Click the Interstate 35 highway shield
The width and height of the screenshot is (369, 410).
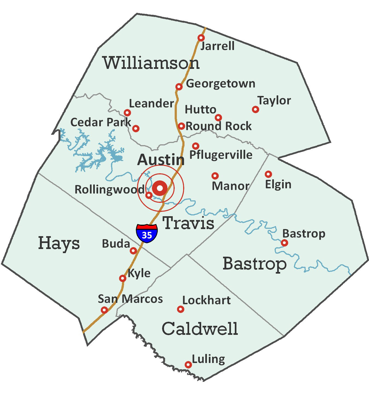coord(147,233)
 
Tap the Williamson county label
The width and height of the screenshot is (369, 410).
coord(151,63)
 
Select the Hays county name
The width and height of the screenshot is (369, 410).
coord(59,243)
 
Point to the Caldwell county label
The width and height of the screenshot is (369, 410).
coord(200,329)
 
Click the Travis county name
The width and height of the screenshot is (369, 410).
coord(189,223)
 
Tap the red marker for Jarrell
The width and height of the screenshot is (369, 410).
coord(201,38)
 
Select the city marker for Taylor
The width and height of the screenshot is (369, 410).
coord(255,110)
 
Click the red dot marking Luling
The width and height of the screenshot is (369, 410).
coord(188,365)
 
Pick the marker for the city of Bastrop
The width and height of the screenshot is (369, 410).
coord(285,243)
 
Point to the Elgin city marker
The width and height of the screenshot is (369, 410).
coord(268,174)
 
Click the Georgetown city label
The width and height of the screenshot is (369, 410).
coord(221,84)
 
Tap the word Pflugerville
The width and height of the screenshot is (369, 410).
coord(221,155)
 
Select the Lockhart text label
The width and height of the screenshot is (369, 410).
coord(206,300)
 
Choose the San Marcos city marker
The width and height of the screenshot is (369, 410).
coord(104,310)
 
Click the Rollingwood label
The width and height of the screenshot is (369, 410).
coord(109,190)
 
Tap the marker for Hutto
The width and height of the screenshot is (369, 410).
coord(218,118)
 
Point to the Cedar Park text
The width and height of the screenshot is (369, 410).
coord(101,122)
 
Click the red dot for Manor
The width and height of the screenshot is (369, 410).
coord(215,175)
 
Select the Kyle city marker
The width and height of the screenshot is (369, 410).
coord(123,278)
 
